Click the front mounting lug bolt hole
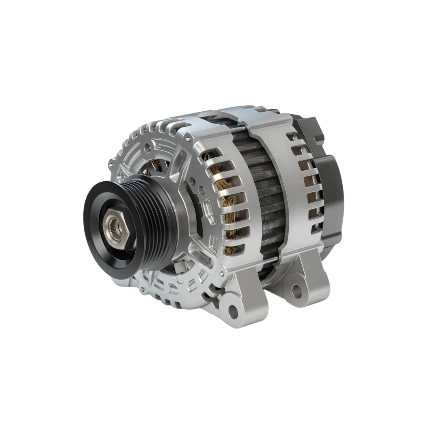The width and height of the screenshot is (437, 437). [x=232, y=311]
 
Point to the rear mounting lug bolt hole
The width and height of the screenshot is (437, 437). [x=298, y=289]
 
